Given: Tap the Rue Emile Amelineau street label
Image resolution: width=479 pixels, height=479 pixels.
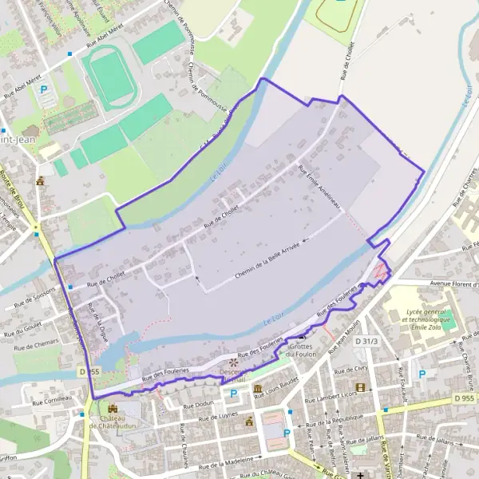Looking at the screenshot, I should [x=319, y=187].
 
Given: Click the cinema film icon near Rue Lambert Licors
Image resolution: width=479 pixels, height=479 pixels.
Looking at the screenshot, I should [x=360, y=388].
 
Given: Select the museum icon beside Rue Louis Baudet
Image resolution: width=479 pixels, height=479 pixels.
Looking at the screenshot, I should [x=258, y=389].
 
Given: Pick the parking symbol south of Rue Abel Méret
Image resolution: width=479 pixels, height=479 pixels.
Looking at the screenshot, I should [x=45, y=91].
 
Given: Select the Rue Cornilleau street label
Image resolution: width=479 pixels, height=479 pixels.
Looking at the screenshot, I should [x=48, y=397].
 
